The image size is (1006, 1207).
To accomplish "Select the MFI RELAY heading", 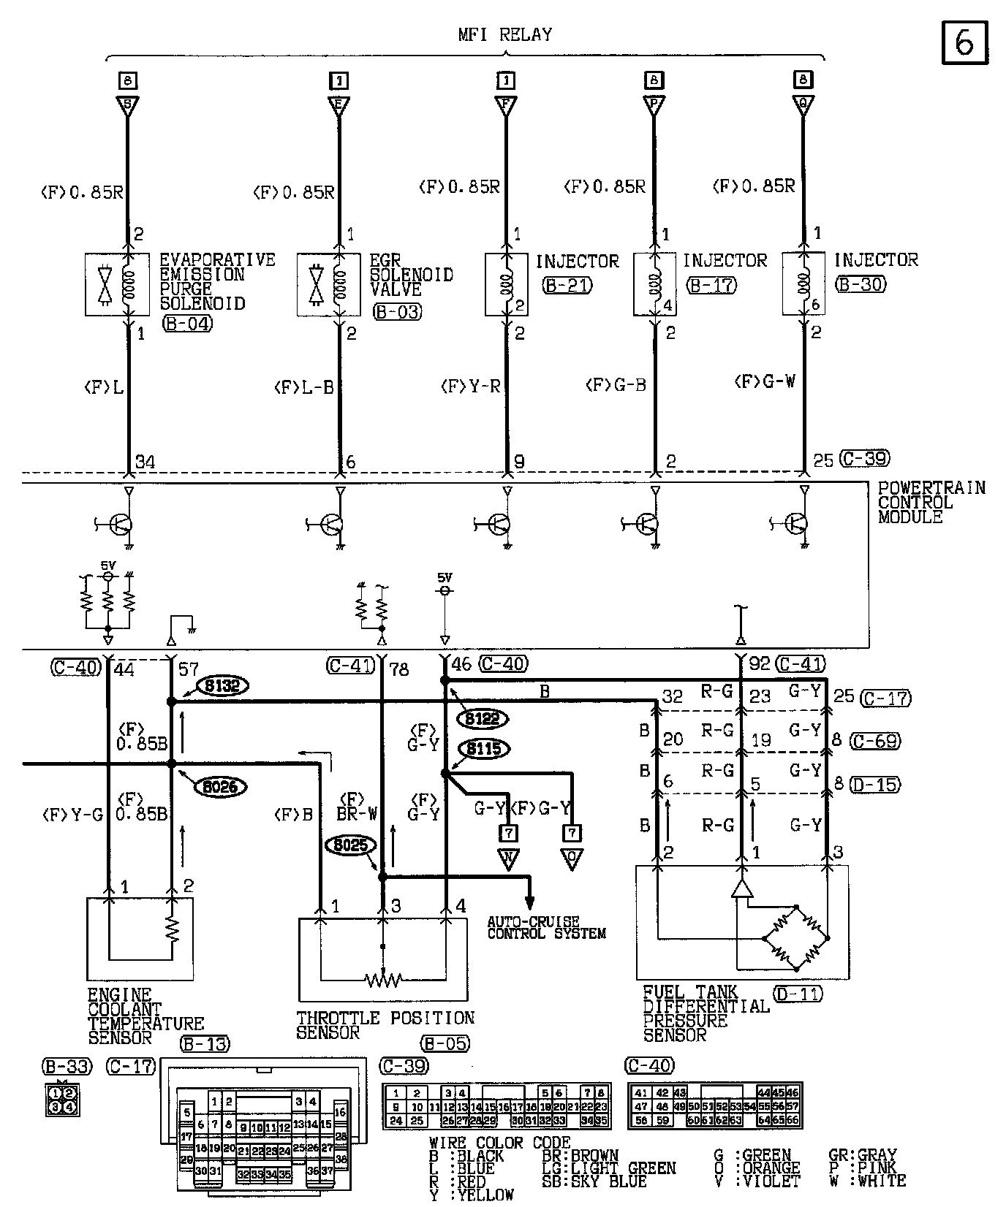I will tap(504, 34).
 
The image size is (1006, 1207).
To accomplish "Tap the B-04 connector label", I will tap(187, 323).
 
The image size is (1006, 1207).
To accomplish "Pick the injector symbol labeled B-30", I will tap(803, 283).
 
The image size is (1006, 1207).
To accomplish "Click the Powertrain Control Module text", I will tap(931, 502).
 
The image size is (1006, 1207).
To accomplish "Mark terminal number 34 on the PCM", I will tap(146, 462).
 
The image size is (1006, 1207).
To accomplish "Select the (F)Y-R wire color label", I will tap(470, 386).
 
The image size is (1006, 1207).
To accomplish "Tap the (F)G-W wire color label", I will tap(765, 381).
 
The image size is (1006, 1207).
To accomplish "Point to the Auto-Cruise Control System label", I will tap(546, 927).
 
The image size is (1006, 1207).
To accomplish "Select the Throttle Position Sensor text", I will tap(385, 1025).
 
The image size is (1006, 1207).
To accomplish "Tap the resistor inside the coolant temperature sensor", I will tap(173, 929).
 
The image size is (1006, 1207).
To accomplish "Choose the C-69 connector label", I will tap(876, 741).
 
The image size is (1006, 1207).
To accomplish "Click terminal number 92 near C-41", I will tap(760, 664).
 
